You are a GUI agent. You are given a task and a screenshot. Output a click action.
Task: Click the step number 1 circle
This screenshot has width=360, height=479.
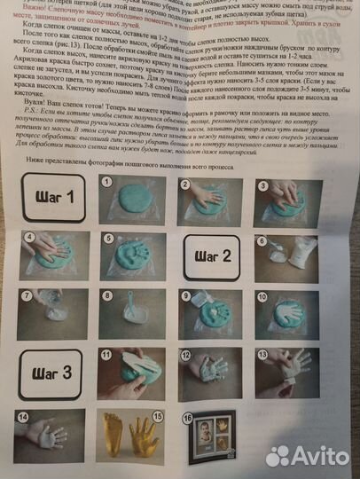(108, 181)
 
